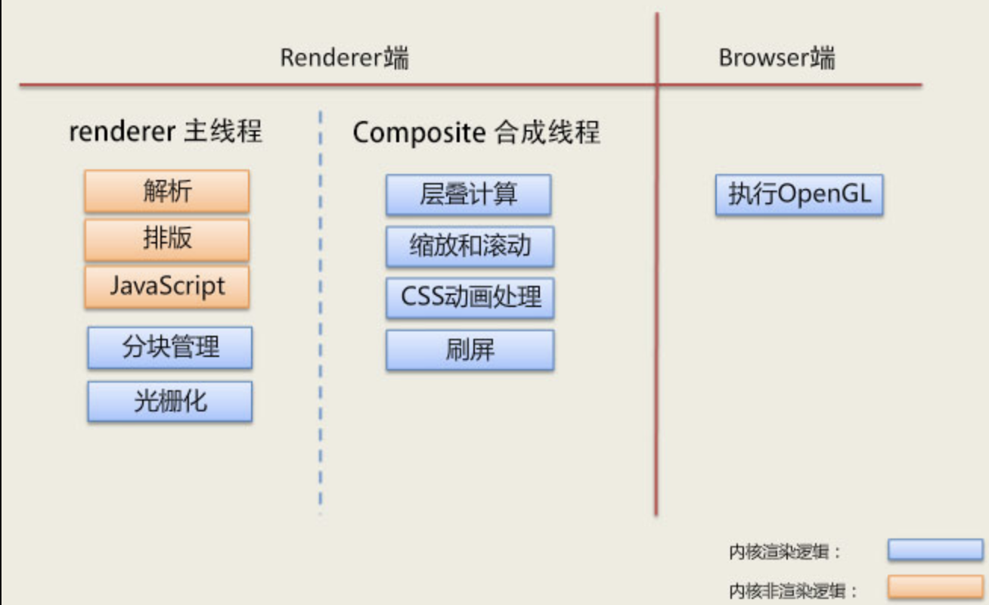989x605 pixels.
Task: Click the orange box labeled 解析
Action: [x=166, y=191]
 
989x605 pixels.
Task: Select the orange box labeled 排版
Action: [x=166, y=239]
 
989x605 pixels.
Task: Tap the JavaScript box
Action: [x=166, y=287]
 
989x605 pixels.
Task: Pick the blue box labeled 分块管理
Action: [x=169, y=348]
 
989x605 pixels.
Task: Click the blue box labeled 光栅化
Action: [x=169, y=401]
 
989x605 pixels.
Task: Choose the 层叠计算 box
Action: [x=468, y=194]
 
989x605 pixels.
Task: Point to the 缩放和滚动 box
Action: [x=470, y=246]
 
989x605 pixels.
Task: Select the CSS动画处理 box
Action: [x=470, y=297]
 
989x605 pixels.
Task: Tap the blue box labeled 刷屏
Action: [x=470, y=349]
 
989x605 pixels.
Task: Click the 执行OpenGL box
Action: [x=798, y=195]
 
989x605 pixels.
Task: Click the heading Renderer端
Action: [x=344, y=58]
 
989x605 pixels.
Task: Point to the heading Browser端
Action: [x=777, y=58]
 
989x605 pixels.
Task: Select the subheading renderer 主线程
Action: [x=166, y=132]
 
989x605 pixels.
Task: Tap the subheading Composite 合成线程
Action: [x=476, y=133]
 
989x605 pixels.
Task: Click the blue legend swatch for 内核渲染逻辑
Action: [x=935, y=550]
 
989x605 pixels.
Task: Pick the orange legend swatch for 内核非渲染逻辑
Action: [x=935, y=587]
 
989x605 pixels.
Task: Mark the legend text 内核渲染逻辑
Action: [x=785, y=552]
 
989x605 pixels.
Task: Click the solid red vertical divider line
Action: [x=656, y=302]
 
